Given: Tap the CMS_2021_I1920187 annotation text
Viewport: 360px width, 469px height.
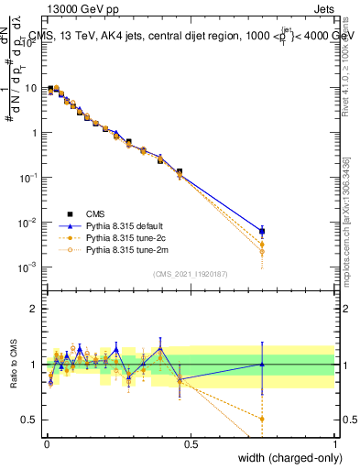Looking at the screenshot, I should click(x=190, y=273).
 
